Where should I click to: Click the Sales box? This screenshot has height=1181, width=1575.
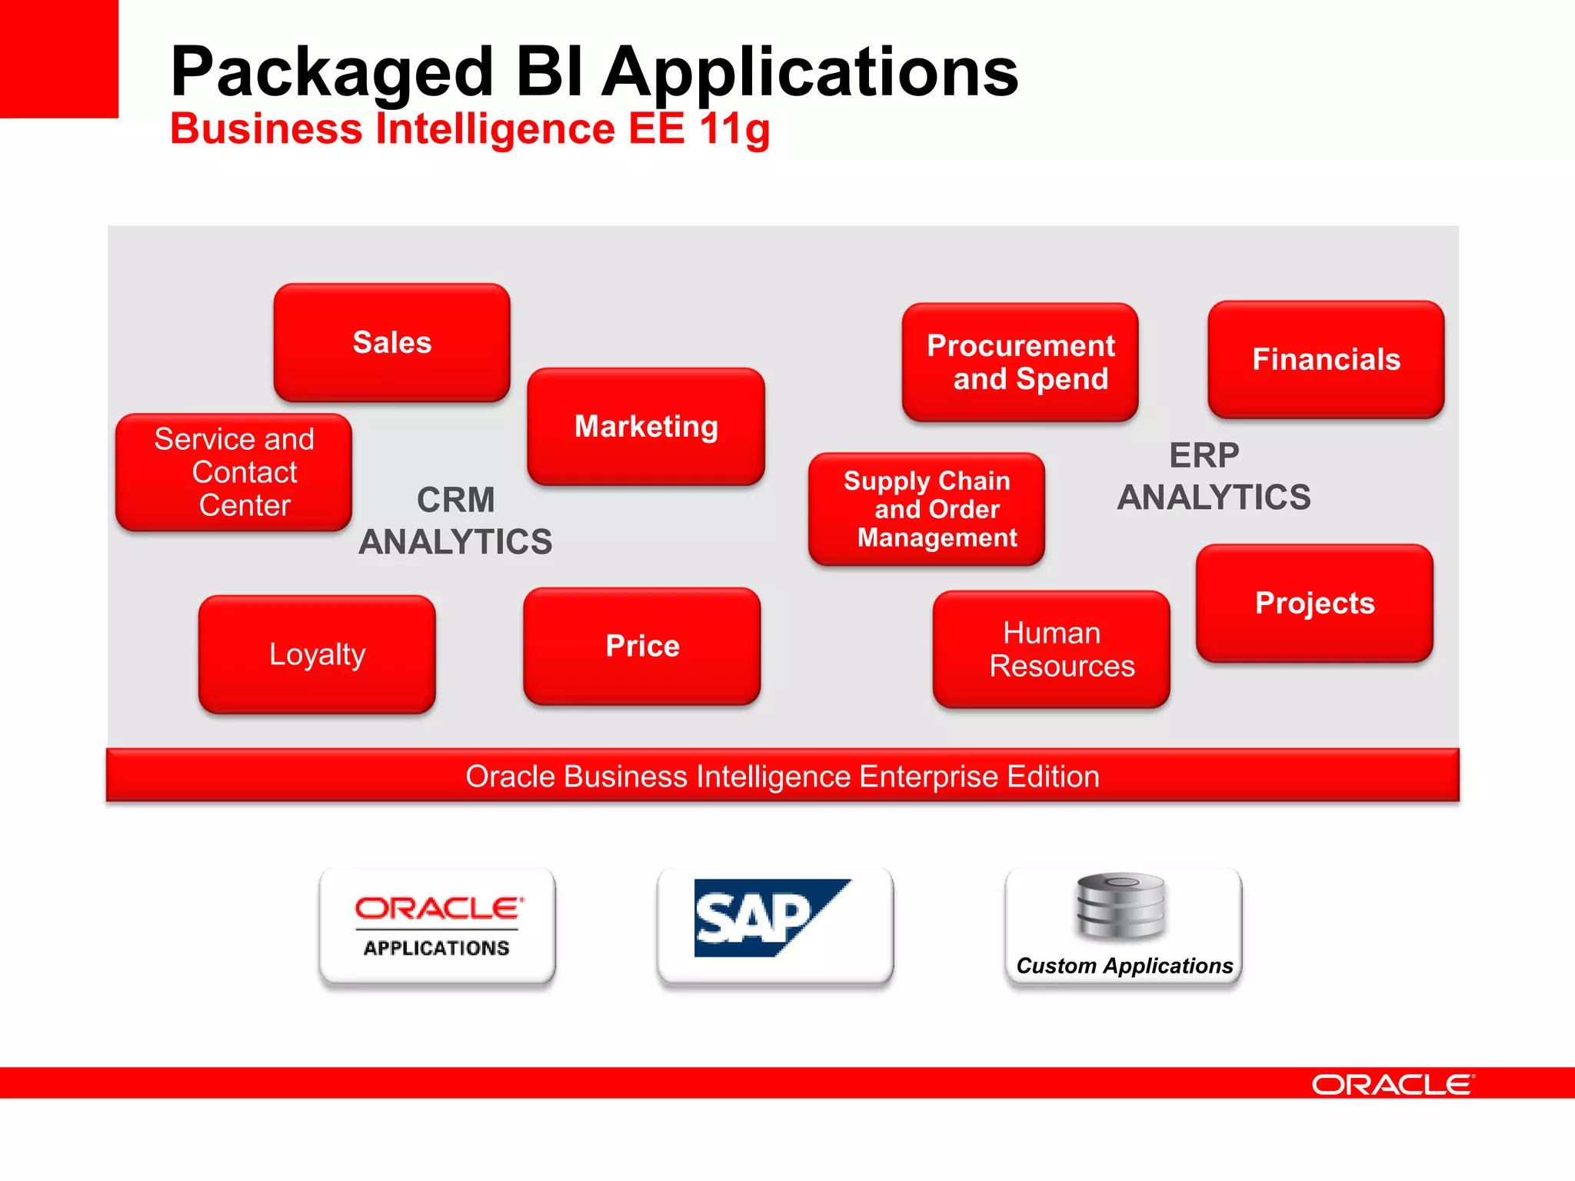click(391, 343)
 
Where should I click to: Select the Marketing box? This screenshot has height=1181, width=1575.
click(646, 427)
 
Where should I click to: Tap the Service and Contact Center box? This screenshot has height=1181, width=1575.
click(234, 472)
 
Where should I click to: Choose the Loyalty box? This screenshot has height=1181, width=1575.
click(317, 654)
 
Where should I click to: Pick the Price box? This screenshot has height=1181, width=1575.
click(642, 646)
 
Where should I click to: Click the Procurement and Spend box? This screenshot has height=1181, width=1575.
click(1020, 362)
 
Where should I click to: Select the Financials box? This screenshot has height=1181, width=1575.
click(1326, 360)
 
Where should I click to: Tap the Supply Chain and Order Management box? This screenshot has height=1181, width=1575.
click(927, 509)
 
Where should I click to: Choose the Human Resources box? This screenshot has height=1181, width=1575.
click(1051, 650)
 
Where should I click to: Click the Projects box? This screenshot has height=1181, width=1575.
click(1314, 604)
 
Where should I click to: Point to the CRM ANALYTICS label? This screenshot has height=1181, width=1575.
click(455, 521)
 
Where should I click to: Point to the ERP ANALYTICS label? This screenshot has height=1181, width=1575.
click(1213, 477)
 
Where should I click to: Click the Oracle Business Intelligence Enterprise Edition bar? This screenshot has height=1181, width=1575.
click(782, 776)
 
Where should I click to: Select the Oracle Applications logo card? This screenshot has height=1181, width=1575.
click(437, 926)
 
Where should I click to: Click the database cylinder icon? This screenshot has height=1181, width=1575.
click(1120, 907)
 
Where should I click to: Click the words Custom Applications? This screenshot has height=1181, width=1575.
click(1124, 966)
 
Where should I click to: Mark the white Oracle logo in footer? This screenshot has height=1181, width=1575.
click(1393, 1084)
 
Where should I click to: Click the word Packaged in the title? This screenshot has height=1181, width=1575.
click(331, 72)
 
